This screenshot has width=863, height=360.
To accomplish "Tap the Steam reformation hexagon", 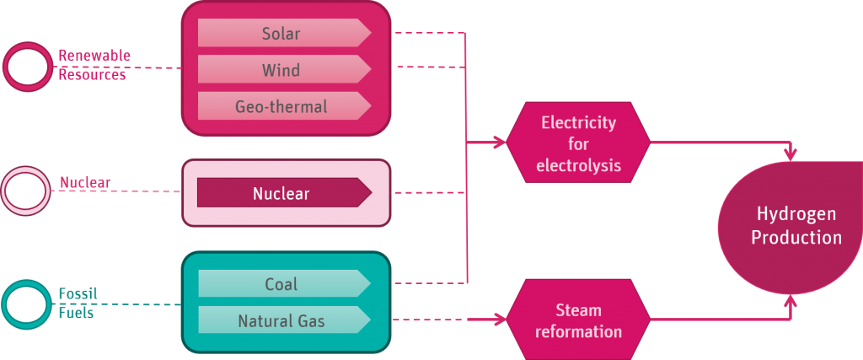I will point(578,321).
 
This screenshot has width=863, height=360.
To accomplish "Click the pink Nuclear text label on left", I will point(84,182).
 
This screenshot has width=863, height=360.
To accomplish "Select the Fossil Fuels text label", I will point(78,303).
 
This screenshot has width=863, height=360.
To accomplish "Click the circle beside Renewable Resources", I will point(28,67).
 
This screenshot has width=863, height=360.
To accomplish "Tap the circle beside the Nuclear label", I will point(26,191).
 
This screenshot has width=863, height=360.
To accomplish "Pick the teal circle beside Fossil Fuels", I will point(26,304).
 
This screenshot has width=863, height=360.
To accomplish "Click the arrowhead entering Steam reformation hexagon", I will point(500,319).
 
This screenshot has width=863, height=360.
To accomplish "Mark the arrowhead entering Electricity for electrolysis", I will point(500,142).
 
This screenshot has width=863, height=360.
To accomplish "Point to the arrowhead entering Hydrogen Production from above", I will point(790,154).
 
